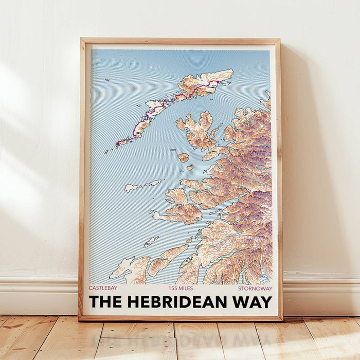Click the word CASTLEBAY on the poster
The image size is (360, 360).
pos(104,289)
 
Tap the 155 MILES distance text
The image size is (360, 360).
pos(181,289)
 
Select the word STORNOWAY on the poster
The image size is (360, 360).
pos(255,289)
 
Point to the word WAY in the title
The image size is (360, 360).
pos(253,301)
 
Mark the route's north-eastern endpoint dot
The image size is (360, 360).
pos(218,81)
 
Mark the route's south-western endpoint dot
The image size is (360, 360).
pos(117,143)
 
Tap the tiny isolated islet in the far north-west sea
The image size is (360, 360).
pos(107,80)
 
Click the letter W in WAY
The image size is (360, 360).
pos(241,301)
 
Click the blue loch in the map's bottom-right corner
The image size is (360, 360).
pos(264,278)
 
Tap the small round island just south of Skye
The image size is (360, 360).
pos(183,157)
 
